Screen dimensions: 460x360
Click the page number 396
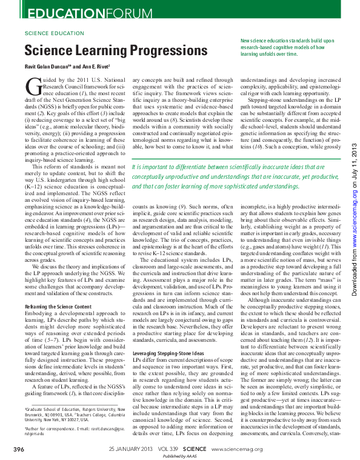[19, 448]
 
